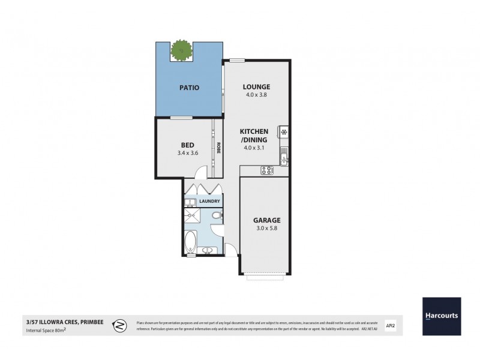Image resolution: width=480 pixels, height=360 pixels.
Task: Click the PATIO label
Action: pyautogui.click(x=189, y=88)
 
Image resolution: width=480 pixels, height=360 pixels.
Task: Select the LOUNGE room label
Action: pyautogui.click(x=257, y=86)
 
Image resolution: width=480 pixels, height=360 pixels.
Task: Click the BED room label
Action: pyautogui.click(x=187, y=145)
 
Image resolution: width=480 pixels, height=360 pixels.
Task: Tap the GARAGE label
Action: pyautogui.click(x=266, y=220)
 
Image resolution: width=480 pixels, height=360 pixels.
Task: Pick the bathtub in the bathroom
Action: pyautogui.click(x=191, y=242)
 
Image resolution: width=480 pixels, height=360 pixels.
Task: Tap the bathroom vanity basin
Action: pyautogui.click(x=208, y=250)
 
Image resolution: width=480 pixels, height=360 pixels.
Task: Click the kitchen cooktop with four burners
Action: pyautogui.click(x=266, y=171)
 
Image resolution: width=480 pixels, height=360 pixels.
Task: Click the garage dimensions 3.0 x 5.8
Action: pyautogui.click(x=266, y=229)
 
